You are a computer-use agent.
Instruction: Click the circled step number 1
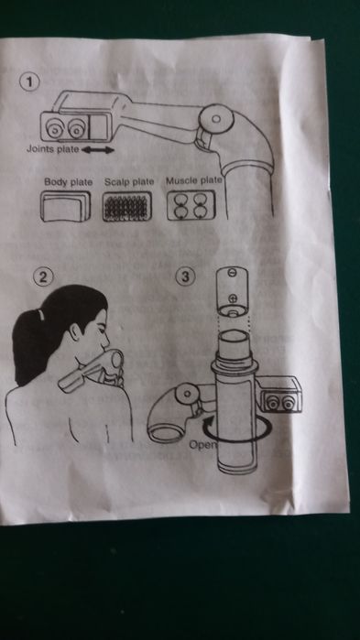click(x=29, y=82)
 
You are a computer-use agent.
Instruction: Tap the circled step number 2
click(x=43, y=277)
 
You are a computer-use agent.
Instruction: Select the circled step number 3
click(x=186, y=277)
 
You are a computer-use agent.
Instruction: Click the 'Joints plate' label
click(x=52, y=149)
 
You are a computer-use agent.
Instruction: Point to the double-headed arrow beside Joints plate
click(x=98, y=150)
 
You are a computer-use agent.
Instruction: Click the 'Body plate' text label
click(x=69, y=181)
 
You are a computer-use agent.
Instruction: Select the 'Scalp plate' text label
click(x=129, y=181)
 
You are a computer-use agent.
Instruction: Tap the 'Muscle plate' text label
click(x=194, y=180)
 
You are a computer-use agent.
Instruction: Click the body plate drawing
click(x=65, y=206)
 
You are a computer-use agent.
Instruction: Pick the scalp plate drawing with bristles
click(x=127, y=206)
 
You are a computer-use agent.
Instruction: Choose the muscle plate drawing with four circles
click(x=191, y=205)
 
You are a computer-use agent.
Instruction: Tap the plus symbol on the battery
click(x=233, y=298)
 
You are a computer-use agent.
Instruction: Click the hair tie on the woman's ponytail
click(x=39, y=315)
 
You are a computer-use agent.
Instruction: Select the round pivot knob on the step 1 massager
click(x=216, y=119)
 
